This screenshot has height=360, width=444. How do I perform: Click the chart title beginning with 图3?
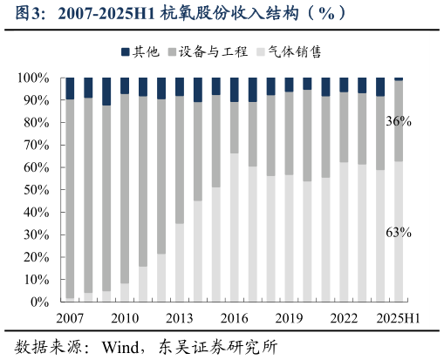click(x=166, y=12)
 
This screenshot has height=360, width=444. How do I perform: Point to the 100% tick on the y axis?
click(x=33, y=78)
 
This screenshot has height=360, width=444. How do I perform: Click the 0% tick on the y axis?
click(x=40, y=302)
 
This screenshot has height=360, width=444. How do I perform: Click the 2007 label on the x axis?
click(x=70, y=318)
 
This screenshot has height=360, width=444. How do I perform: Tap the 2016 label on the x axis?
click(x=234, y=318)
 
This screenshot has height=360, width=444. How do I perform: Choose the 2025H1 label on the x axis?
click(x=398, y=318)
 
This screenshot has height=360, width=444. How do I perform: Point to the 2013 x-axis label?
click(x=179, y=318)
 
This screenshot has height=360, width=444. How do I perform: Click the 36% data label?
click(x=399, y=122)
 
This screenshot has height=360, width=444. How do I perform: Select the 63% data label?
click(x=399, y=232)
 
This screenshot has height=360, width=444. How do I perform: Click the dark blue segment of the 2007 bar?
click(x=70, y=88)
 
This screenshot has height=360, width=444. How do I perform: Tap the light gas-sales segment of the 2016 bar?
click(x=234, y=228)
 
